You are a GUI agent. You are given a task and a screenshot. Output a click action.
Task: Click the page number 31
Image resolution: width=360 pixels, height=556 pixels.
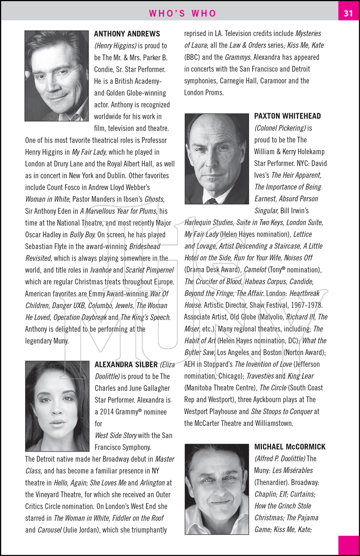point(348,13)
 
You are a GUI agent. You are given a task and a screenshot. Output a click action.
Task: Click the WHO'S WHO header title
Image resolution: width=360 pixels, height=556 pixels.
point(182,13)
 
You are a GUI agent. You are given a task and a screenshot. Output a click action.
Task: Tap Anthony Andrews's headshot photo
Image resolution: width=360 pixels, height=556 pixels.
point(57,76)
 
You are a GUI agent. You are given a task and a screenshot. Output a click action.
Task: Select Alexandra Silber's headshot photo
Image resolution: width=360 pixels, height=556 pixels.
point(57,406)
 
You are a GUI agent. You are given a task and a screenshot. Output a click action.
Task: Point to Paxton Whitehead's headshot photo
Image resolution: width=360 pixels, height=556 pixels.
point(217,159)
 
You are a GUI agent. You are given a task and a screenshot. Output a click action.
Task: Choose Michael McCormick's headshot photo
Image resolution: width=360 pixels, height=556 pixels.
point(217,489)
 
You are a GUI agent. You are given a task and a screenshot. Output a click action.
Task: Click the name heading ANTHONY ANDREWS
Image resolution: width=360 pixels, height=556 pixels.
point(127,34)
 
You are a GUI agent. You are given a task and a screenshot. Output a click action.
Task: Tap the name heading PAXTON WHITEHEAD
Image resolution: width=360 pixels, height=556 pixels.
point(287,116)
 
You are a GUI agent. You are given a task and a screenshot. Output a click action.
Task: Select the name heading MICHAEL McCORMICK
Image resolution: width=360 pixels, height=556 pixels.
point(290,447)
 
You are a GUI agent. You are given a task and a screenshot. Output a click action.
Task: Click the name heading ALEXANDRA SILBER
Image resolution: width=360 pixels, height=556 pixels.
point(126,364)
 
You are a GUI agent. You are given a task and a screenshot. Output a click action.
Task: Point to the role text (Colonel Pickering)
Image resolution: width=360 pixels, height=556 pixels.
point(280,128)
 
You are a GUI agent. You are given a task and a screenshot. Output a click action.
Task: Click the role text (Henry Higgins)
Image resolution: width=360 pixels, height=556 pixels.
point(115,46)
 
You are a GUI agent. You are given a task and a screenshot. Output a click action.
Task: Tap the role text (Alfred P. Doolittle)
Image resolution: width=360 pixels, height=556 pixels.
point(280,459)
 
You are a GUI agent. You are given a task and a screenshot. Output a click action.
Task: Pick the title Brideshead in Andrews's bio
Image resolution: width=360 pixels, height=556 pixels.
point(145,246)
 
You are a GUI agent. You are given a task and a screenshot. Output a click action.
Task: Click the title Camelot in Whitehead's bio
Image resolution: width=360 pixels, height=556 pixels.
point(255,270)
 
